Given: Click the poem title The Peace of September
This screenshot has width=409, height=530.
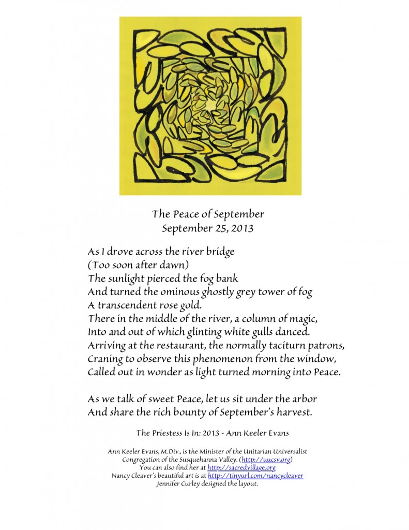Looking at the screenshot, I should pos(208,214).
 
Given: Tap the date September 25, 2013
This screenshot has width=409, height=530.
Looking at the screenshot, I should pos(208,228).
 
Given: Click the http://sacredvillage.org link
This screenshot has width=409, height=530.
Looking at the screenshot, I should pos(241,467).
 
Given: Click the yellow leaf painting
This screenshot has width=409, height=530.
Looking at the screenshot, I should pos(210,106).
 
